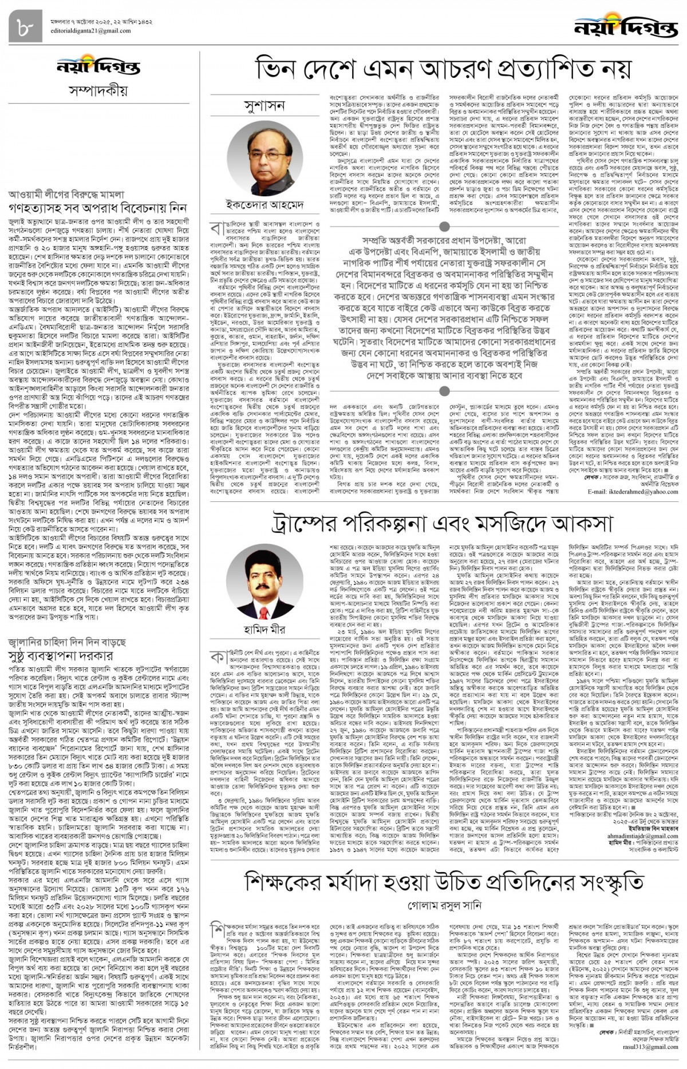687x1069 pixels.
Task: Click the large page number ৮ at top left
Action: [26, 25]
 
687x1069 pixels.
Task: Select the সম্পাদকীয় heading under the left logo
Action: [98, 90]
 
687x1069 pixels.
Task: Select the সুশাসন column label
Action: [264, 106]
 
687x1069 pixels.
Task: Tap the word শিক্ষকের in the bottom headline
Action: [286, 882]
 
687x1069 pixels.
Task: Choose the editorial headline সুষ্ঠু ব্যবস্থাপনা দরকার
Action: [61, 655]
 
